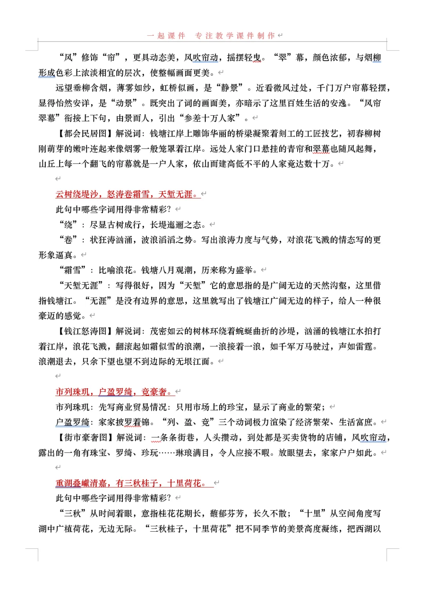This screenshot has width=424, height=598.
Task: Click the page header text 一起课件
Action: (x=166, y=36)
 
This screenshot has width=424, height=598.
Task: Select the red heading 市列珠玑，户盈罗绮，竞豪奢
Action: (x=114, y=392)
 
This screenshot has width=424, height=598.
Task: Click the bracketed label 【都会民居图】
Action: (x=86, y=134)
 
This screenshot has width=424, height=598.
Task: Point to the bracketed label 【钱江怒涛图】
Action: (x=86, y=331)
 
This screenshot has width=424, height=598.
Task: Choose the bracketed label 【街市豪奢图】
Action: (x=86, y=438)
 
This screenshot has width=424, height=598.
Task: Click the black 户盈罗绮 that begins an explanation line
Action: (x=73, y=422)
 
